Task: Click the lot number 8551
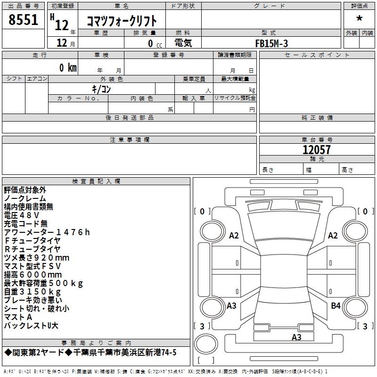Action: [23, 19]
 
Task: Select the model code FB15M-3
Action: [271, 43]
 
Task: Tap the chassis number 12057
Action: [317, 149]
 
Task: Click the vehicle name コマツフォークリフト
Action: [122, 21]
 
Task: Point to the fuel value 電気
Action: [183, 43]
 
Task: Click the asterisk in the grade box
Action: [359, 18]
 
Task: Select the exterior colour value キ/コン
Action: [101, 89]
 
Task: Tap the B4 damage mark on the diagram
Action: [336, 305]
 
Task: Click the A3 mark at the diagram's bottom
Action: [296, 337]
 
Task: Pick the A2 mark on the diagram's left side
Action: [234, 235]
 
